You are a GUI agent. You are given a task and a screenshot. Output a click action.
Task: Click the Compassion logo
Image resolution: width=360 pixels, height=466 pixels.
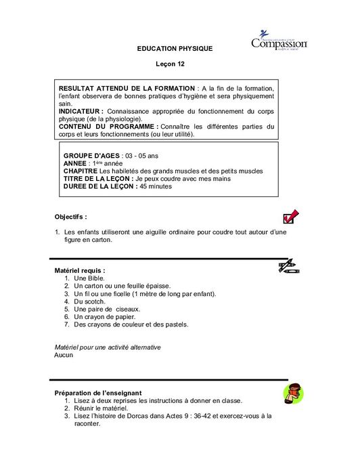pos(279,41)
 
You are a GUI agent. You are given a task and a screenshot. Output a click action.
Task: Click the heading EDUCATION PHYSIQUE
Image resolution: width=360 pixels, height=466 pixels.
pos(175,49)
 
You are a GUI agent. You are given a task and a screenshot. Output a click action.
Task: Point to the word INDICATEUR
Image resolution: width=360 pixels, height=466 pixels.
pos(81,111)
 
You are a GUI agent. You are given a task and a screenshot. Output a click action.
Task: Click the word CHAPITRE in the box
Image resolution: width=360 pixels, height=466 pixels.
pos(80,171)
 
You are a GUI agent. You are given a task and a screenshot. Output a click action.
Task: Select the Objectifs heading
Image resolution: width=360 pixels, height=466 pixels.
pos(70,217)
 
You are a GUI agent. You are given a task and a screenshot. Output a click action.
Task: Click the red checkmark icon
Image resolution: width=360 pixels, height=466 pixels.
pos(290,217)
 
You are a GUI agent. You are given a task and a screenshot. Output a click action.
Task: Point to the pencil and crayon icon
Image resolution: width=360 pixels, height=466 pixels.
pos(289,266)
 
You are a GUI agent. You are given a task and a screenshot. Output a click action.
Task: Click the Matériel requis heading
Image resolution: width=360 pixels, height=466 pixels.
pos(79,271)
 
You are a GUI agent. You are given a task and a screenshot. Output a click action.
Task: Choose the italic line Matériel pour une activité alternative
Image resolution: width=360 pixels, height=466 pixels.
pos(108,347)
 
